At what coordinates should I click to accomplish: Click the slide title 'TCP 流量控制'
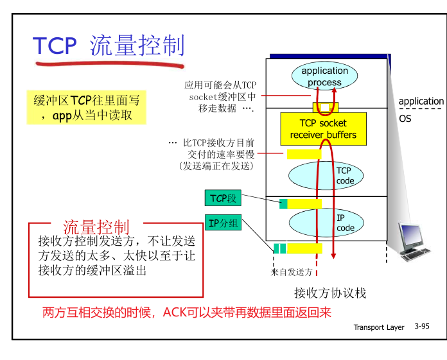(109, 46)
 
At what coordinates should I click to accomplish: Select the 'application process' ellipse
(324, 76)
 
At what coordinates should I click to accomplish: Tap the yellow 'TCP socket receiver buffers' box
(323, 129)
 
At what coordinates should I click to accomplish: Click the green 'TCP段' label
(223, 198)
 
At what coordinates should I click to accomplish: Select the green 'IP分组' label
(223, 223)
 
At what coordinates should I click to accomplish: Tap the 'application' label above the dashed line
(421, 101)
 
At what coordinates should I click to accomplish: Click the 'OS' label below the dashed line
(405, 119)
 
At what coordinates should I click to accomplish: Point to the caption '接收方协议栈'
(329, 293)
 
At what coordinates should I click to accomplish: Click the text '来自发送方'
(292, 272)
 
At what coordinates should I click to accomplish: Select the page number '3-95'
(422, 327)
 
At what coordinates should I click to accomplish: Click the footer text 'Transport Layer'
(379, 327)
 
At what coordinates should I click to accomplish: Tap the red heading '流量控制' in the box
(96, 227)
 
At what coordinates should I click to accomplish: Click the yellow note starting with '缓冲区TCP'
(86, 107)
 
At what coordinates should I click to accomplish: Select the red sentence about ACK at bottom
(186, 313)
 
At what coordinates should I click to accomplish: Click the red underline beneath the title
(109, 64)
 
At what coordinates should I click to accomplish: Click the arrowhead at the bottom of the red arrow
(334, 255)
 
